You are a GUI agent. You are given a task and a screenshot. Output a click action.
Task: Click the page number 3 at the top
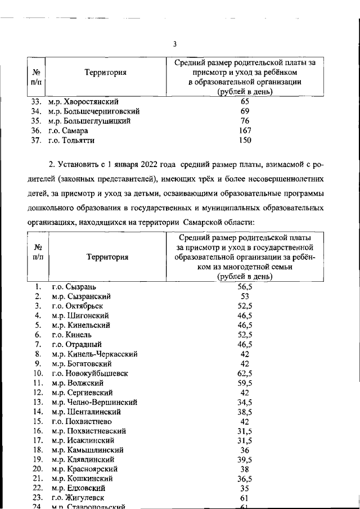coord(175,44)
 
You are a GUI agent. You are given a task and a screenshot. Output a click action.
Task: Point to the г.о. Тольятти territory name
coord(71,140)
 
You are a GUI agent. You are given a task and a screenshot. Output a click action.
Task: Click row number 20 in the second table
coord(38,469)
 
